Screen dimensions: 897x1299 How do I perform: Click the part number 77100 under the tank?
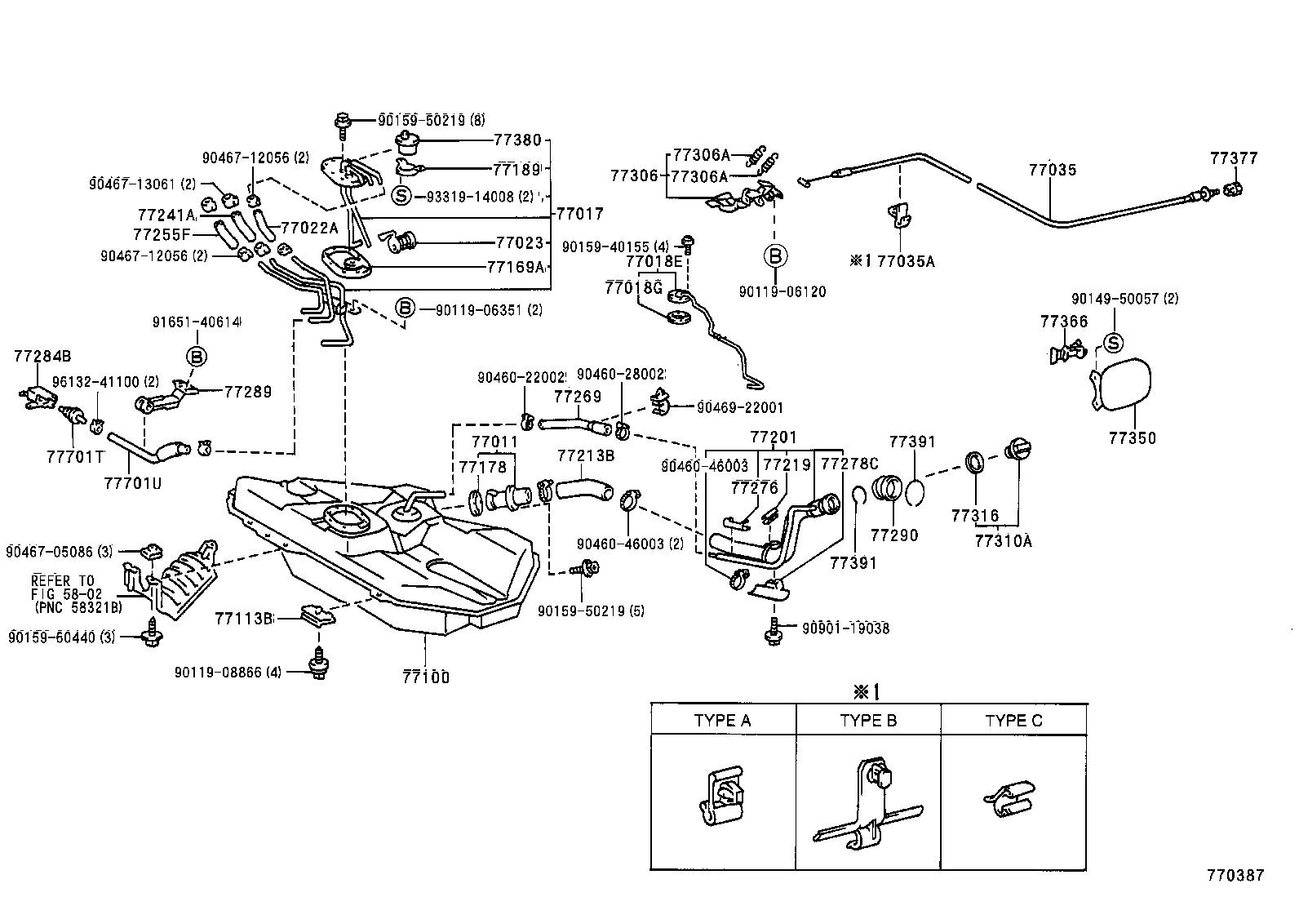click(425, 677)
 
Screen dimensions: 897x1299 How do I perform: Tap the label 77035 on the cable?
click(1052, 170)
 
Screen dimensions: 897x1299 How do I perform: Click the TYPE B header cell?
click(868, 721)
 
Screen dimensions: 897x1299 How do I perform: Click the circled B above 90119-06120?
click(775, 256)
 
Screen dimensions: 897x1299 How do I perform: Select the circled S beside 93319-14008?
click(401, 196)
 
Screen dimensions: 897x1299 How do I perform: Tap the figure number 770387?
click(1235, 875)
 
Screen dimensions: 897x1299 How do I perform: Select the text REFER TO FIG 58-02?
click(63, 588)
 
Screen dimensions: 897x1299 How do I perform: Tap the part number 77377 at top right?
click(1234, 158)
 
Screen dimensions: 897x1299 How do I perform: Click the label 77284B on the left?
click(42, 356)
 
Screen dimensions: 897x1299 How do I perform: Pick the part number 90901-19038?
click(845, 628)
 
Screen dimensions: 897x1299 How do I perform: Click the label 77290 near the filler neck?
click(893, 535)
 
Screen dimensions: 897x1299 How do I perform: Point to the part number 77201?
click(773, 438)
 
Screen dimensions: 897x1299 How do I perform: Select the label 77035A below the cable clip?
click(906, 261)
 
